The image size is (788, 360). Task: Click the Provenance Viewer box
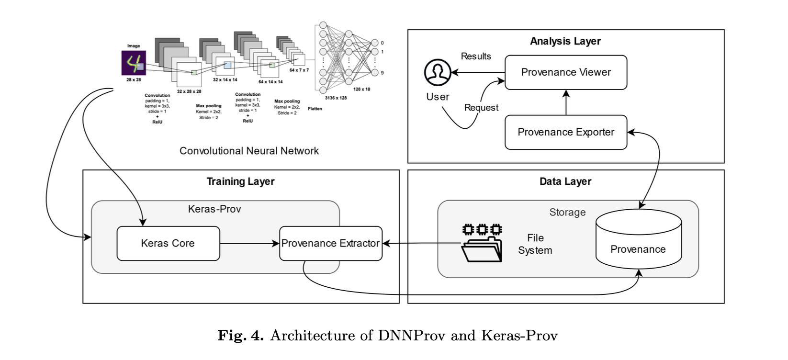point(565,72)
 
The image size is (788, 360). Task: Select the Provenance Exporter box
point(565,132)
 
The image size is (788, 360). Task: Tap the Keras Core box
point(168,243)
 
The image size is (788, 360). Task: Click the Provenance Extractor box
point(330,243)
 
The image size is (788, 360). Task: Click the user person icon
point(437,73)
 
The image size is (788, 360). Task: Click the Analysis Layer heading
point(565,41)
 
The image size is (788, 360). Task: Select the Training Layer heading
point(240,181)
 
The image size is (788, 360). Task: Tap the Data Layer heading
point(565,181)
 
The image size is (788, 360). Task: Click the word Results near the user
point(475,56)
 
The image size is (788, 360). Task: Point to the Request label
point(481,108)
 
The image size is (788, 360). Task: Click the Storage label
point(567,212)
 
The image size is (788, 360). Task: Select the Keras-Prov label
point(214,209)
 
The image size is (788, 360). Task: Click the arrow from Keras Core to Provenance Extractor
point(249,243)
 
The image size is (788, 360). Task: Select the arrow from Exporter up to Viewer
point(566,102)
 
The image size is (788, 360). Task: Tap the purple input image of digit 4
point(133,63)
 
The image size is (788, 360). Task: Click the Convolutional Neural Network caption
point(249,151)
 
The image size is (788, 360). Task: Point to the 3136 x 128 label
point(336,98)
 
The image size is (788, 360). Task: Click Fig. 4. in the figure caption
point(240,335)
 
